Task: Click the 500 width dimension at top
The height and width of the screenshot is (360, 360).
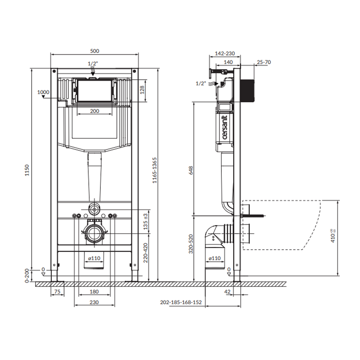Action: click(x=95, y=51)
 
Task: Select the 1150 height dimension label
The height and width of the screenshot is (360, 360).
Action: click(x=27, y=170)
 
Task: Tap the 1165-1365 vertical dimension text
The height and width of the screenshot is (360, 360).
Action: click(x=154, y=170)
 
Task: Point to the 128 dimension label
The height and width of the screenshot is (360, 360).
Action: click(x=142, y=90)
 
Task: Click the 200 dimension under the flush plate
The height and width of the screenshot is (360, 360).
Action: click(x=95, y=111)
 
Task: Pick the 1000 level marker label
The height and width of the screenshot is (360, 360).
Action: click(x=43, y=92)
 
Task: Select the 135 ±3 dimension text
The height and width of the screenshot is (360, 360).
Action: click(x=145, y=221)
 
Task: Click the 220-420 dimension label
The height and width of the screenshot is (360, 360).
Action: click(x=145, y=253)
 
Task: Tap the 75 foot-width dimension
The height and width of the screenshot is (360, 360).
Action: click(x=57, y=291)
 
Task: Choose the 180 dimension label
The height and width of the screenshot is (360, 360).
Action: click(x=94, y=291)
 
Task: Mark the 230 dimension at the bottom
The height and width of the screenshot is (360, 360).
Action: click(x=94, y=302)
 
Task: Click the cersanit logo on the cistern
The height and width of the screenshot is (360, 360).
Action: click(x=225, y=127)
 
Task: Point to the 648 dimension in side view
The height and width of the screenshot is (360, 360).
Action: click(x=191, y=170)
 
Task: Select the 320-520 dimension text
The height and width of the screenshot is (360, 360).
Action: click(x=191, y=244)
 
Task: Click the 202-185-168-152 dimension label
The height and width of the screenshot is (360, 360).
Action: click(x=181, y=302)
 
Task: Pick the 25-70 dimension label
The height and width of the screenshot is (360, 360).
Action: click(x=264, y=62)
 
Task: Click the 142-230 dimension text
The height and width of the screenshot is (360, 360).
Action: click(x=225, y=53)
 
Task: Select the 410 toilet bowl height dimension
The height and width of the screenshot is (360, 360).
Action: click(x=333, y=236)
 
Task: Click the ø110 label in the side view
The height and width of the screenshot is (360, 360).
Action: click(x=215, y=258)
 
